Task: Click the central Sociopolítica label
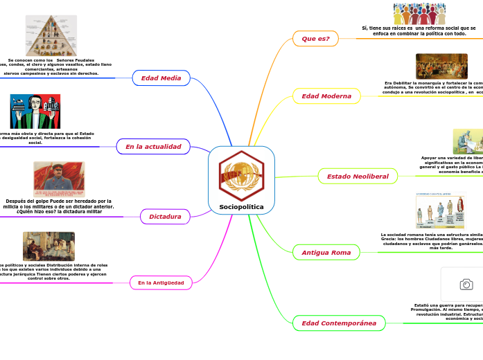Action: point(241,207)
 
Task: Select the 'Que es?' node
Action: point(315,39)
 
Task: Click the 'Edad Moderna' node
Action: point(326,96)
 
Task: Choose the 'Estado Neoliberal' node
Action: point(357,177)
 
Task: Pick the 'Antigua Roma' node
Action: point(326,253)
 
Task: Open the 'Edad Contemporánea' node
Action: point(339,323)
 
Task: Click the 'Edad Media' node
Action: point(161,78)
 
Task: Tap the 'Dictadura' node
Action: point(165,217)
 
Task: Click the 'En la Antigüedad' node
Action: point(160,282)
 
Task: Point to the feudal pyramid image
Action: point(51,35)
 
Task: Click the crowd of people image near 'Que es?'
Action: point(419,14)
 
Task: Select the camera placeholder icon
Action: point(466,285)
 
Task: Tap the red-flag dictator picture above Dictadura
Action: point(59,179)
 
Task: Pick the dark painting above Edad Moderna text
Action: point(441,66)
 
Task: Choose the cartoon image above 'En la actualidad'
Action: point(35,111)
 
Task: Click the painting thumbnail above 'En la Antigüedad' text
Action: point(49,246)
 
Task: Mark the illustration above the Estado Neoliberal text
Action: point(468,141)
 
